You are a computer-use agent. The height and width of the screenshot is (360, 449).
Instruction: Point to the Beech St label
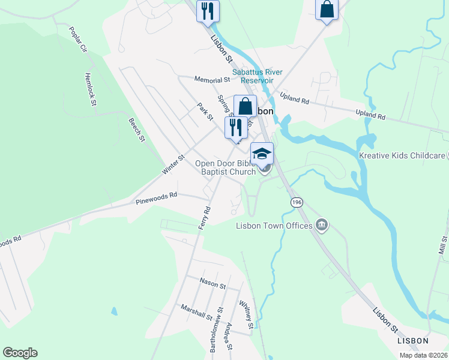click(137, 130)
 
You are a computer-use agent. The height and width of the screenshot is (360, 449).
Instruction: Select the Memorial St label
click(212, 79)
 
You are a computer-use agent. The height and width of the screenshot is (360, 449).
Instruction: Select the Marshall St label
click(196, 312)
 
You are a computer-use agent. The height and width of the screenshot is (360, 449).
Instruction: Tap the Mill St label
click(444, 247)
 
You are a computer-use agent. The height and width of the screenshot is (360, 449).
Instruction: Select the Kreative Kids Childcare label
click(402, 155)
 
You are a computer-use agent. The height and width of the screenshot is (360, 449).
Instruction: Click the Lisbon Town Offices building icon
click(322, 226)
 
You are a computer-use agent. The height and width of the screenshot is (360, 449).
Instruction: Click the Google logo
click(20, 353)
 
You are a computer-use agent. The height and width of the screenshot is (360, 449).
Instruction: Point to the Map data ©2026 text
click(423, 355)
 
